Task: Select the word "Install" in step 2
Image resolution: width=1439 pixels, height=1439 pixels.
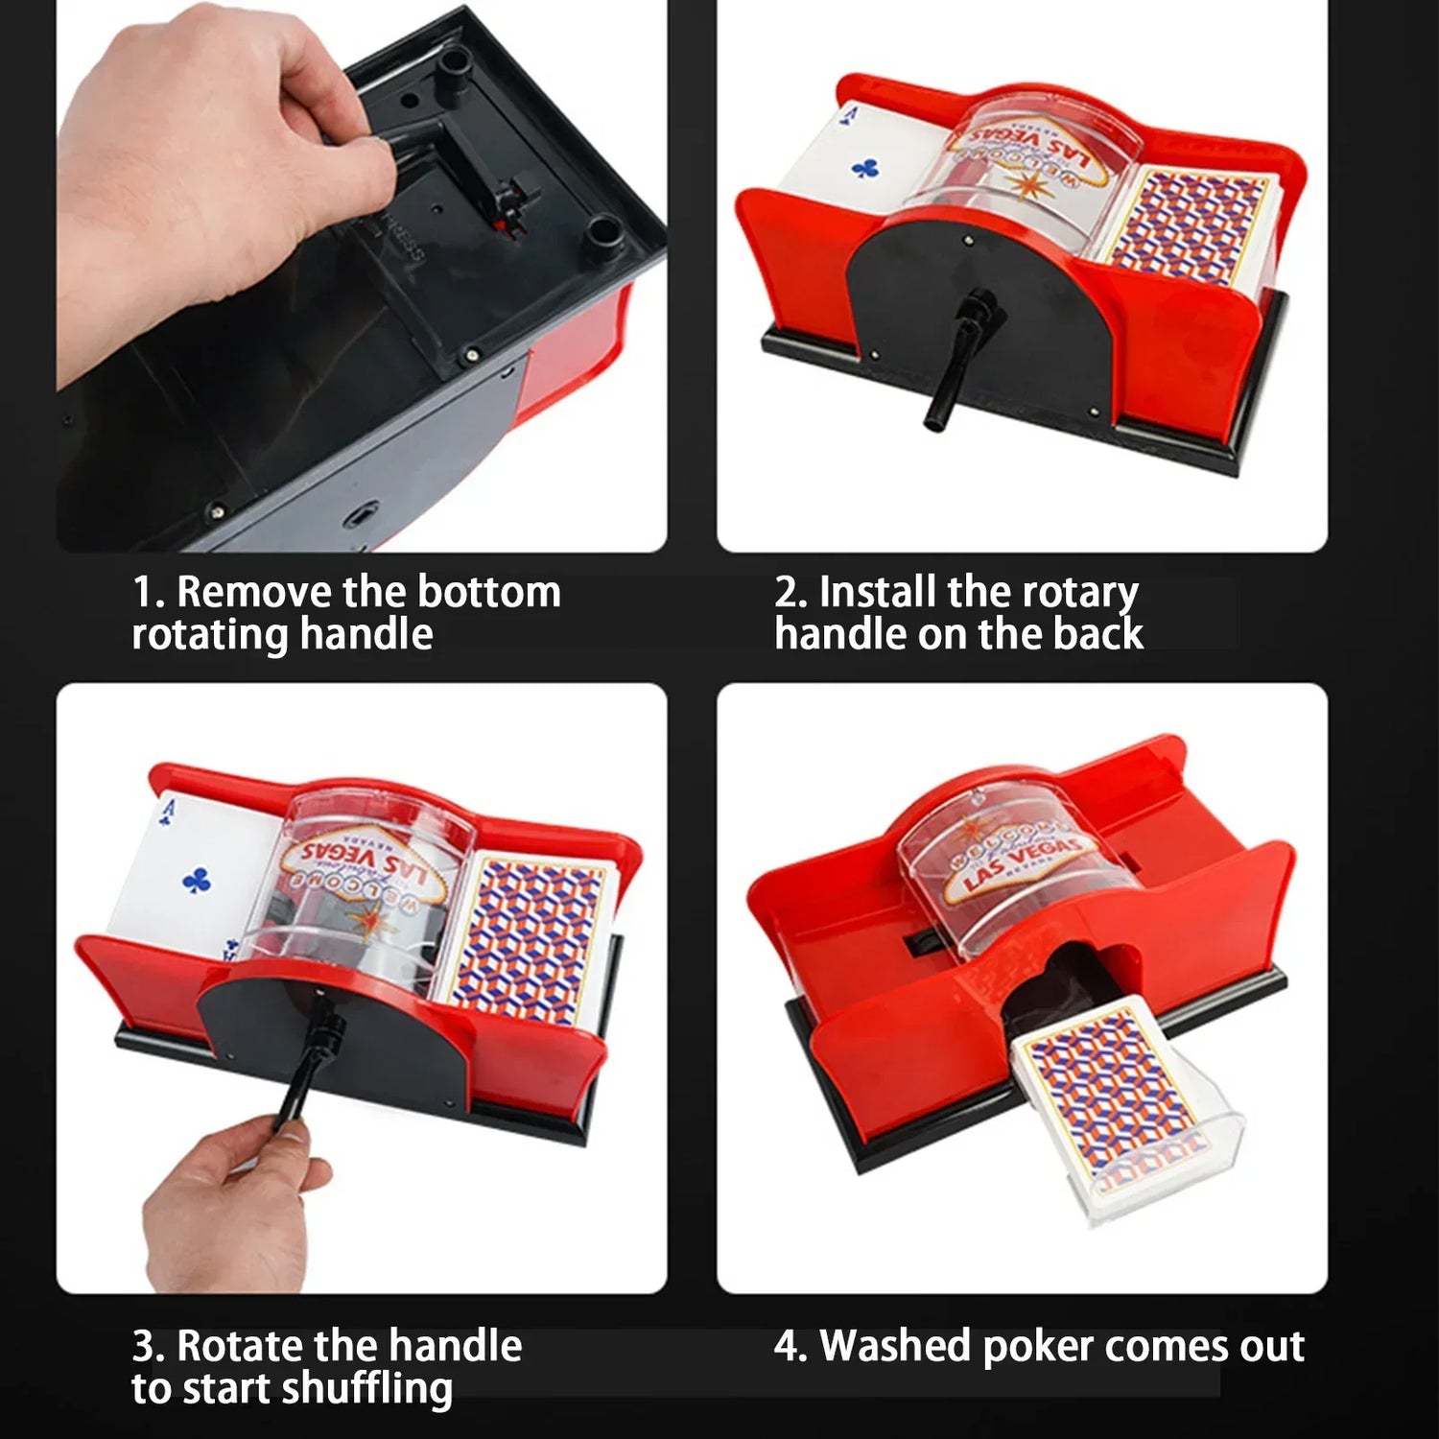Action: (878, 592)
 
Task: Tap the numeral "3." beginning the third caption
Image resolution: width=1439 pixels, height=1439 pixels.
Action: (149, 1347)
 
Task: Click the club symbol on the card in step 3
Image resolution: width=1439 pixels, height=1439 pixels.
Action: (197, 879)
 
